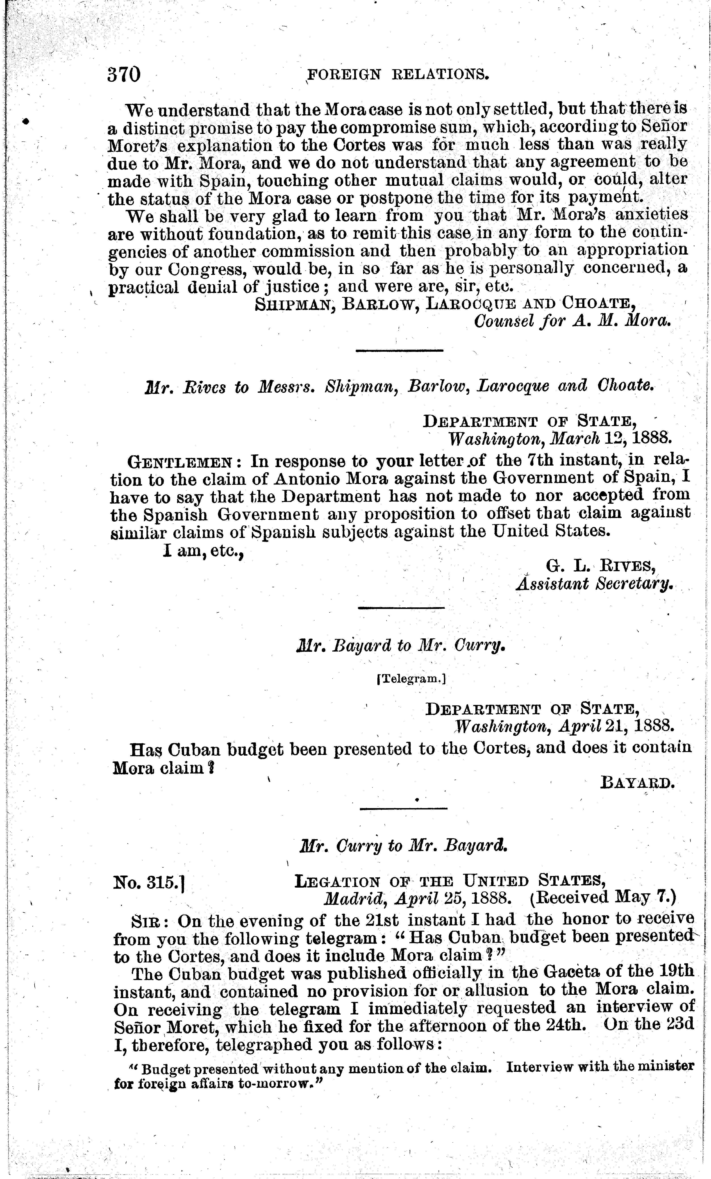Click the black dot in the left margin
tap(26, 121)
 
